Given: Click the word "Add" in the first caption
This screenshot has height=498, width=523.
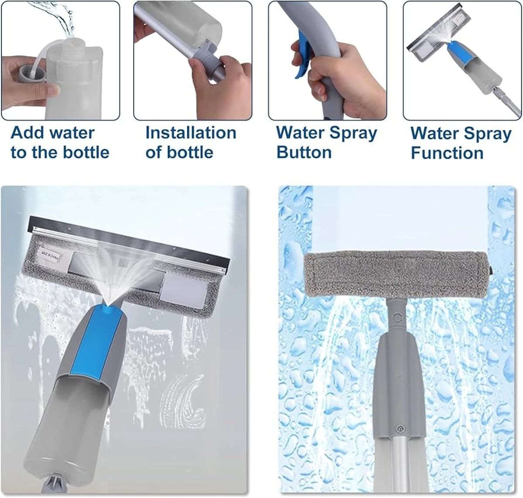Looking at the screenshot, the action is [26, 132].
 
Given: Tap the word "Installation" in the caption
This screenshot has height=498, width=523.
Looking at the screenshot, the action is [191, 132].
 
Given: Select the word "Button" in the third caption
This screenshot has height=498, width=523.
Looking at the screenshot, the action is [304, 152].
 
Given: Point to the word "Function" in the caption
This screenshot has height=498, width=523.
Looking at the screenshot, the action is [447, 153].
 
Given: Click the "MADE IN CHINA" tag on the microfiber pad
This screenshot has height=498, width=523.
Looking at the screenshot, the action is [51, 254].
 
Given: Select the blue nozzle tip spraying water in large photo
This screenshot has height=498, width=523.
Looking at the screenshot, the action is [109, 309].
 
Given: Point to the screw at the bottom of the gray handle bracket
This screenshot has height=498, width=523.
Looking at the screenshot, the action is [399, 428].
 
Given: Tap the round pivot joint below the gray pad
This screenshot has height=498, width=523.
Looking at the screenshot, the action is [398, 317].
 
